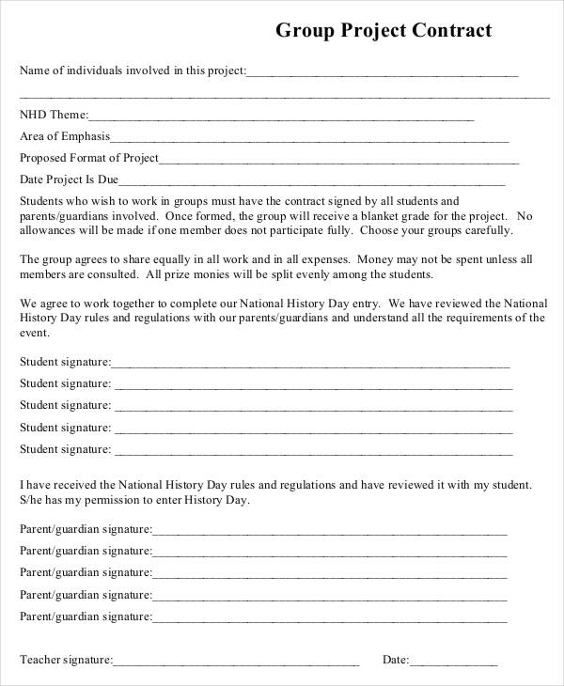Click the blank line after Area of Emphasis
pyautogui.click(x=301, y=138)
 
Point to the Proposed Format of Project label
pyautogui.click(x=89, y=158)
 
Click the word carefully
pyautogui.click(x=487, y=229)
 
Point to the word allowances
pyautogui.click(x=49, y=229)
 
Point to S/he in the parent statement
pyautogui.click(x=32, y=500)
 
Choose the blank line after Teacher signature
pyautogui.click(x=236, y=662)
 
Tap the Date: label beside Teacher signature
pyautogui.click(x=395, y=660)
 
